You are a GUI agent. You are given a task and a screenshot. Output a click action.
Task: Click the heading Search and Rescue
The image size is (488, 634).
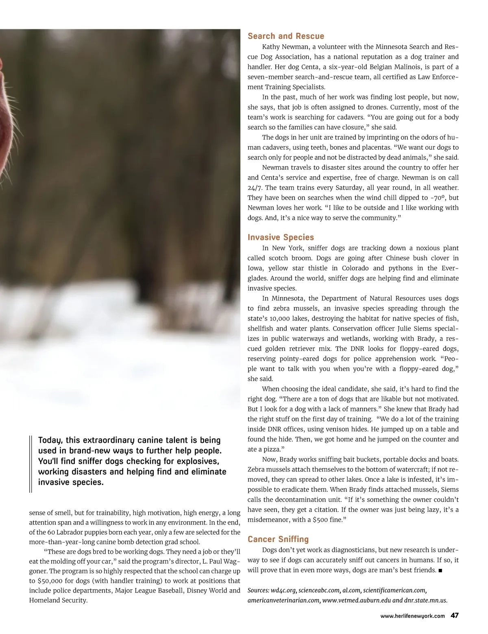(x=286, y=36)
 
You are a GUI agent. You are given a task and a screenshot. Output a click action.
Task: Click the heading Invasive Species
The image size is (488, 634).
(x=281, y=237)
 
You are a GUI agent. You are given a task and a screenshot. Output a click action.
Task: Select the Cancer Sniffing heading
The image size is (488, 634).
(x=278, y=539)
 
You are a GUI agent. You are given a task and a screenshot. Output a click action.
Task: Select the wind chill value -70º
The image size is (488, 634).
(x=439, y=198)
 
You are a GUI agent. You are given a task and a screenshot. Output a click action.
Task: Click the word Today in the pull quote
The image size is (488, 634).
(x=50, y=440)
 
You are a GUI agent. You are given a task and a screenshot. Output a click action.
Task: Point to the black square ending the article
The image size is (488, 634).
(x=440, y=570)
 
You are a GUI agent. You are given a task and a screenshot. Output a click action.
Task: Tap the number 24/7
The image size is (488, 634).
(x=255, y=188)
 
